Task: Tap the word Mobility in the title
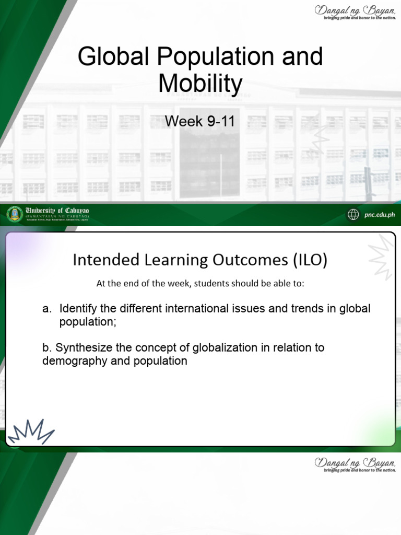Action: (x=200, y=84)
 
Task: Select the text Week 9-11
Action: (x=200, y=121)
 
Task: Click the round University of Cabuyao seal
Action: (x=15, y=214)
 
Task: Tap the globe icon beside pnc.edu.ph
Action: (x=353, y=214)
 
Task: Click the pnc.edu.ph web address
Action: (x=380, y=214)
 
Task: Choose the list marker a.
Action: (x=47, y=309)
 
